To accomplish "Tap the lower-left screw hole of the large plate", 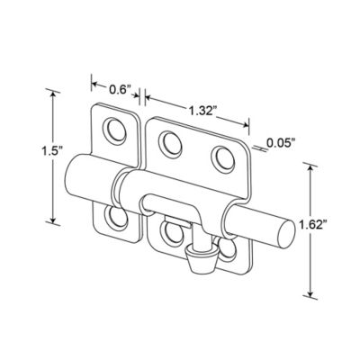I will coord(168,229).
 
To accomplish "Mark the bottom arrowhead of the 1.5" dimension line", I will coord(55,220).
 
